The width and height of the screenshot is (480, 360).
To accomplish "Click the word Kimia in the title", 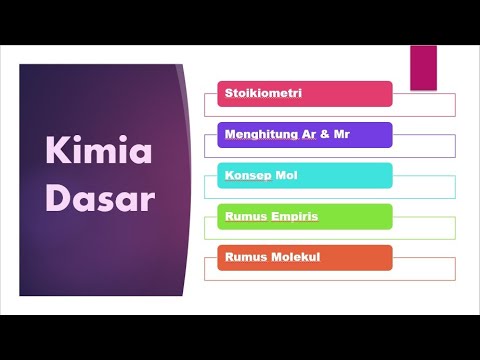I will (x=99, y=153).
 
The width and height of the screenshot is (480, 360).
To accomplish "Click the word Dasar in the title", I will (x=99, y=198).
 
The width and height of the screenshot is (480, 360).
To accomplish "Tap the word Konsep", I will (x=240, y=176).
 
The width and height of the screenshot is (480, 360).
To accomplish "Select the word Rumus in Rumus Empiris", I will (x=241, y=216).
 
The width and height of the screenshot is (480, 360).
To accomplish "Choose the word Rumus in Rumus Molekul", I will (x=241, y=257).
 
